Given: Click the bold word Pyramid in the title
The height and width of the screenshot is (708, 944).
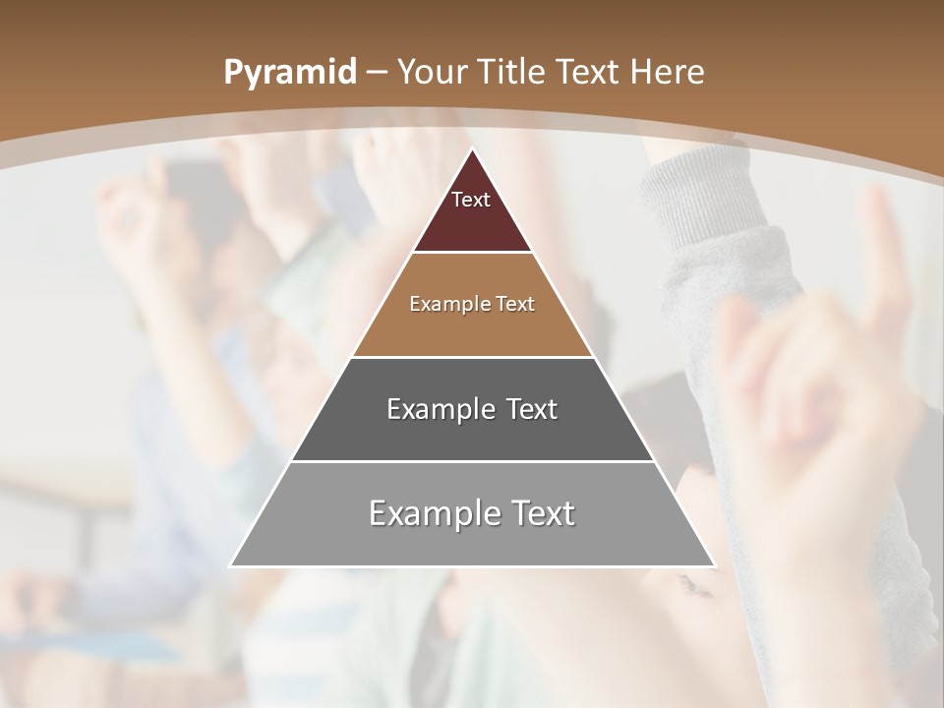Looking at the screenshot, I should point(289,73).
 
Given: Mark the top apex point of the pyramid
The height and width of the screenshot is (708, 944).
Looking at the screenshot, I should point(472,148).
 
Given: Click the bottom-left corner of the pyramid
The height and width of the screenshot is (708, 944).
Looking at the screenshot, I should point(231,566).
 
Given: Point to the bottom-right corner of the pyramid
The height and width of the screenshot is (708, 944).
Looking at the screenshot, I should point(714,566).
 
